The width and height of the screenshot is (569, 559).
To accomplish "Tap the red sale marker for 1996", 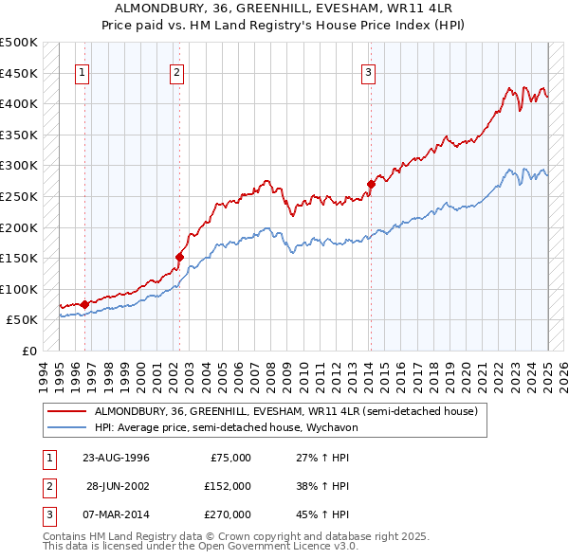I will tap(84, 304).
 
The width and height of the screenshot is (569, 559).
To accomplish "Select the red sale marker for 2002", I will tap(178, 256).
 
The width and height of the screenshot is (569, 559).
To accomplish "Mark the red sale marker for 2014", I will tap(370, 184).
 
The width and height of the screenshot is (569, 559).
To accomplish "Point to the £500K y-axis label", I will tap(18, 43).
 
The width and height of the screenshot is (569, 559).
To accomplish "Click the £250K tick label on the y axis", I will tap(18, 196).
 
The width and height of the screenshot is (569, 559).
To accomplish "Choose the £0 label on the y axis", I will tap(28, 351).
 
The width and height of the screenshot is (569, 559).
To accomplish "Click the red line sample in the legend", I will tap(67, 412).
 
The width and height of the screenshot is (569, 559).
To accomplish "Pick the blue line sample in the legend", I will tap(67, 428).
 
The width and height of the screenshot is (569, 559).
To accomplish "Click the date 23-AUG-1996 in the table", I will tap(116, 459).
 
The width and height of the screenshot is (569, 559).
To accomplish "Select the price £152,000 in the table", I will tap(228, 486).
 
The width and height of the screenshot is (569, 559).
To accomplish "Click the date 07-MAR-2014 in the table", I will tap(117, 514).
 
